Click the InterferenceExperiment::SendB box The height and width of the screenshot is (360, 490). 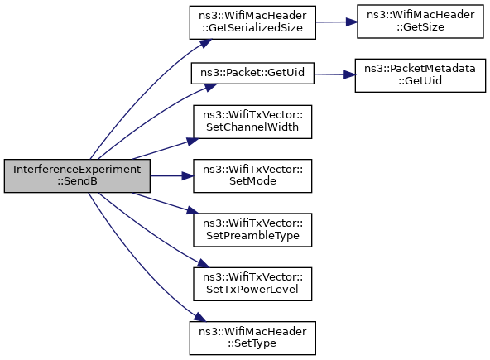coord(77,176)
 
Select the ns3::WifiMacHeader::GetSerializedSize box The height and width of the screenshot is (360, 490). coord(252,22)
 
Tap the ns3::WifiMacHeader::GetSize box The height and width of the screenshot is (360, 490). coord(420,22)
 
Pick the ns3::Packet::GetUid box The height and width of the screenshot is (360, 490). coord(252,73)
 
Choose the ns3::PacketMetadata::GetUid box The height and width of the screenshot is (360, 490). coord(420,75)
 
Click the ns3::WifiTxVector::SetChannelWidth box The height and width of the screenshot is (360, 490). coord(252,122)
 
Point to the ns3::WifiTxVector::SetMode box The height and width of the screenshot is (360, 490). coord(252,176)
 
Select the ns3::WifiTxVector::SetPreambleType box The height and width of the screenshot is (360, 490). coord(252,230)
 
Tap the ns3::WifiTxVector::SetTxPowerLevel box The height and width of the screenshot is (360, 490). coord(252,284)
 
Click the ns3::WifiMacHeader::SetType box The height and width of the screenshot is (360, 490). coord(252,338)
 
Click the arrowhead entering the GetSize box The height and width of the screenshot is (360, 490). coord(352,22)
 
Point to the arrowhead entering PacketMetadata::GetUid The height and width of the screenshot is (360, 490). coord(349,74)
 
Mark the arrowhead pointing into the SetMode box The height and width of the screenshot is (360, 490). coord(188,176)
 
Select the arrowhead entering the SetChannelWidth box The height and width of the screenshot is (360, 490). coord(193,141)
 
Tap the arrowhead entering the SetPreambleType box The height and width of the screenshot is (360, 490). coord(193,211)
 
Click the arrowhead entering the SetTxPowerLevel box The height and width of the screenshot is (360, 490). coord(203,263)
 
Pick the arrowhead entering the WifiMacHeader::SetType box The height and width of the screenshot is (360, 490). coord(200,317)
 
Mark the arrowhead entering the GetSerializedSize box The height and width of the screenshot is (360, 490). coord(205,43)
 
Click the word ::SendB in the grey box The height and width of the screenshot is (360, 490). coord(77,181)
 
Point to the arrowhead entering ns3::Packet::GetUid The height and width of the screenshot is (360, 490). coord(210,87)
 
